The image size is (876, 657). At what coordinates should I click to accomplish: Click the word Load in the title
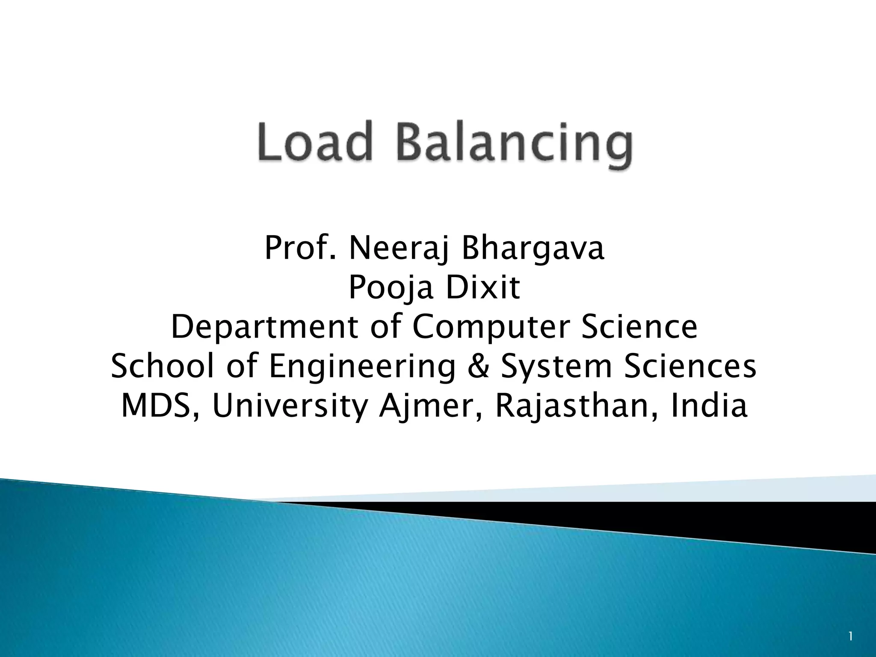coord(313,142)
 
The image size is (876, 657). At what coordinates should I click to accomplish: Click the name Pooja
coord(391,289)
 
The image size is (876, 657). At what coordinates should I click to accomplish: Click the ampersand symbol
coord(479,367)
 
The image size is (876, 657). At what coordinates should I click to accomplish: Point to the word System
coord(556,367)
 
